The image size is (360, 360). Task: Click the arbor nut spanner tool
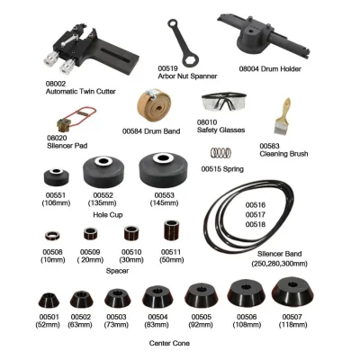(x=182, y=42)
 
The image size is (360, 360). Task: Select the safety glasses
(x=224, y=102)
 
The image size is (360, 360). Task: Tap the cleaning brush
(x=282, y=117)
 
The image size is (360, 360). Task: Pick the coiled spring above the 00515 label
(x=221, y=153)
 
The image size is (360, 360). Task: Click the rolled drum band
(x=154, y=105)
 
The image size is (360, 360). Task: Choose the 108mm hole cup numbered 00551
(x=57, y=177)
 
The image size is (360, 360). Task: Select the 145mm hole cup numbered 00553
(x=164, y=170)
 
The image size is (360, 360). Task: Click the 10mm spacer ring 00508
(x=52, y=236)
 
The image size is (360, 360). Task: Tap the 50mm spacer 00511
(x=171, y=230)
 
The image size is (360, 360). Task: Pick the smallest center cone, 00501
(x=49, y=300)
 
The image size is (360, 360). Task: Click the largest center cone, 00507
(x=292, y=292)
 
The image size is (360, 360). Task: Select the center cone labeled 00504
(x=157, y=297)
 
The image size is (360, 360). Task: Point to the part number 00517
(x=256, y=215)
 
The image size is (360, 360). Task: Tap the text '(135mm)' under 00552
(x=102, y=203)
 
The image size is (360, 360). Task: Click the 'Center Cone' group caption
(x=169, y=343)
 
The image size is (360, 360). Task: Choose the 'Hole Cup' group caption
(x=108, y=215)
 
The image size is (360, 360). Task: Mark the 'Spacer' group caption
(x=117, y=271)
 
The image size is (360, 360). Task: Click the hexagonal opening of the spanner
(x=191, y=59)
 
